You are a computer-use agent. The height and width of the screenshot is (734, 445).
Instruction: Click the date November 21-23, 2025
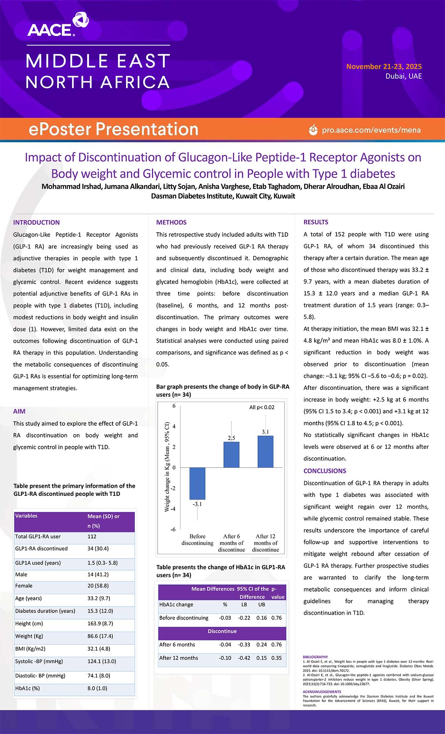pyautogui.click(x=384, y=66)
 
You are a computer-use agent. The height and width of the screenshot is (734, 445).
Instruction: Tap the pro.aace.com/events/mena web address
pyautogui.click(x=371, y=130)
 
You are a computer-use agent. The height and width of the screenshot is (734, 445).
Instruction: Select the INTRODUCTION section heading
pyautogui.click(x=36, y=222)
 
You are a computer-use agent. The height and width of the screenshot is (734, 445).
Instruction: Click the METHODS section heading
pyautogui.click(x=171, y=222)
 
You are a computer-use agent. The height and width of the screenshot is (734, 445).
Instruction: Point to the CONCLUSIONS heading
pyautogui.click(x=325, y=471)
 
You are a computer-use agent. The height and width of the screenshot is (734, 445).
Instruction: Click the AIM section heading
pyautogui.click(x=19, y=411)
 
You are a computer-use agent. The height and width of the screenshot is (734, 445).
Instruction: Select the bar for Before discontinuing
pyautogui.click(x=197, y=483)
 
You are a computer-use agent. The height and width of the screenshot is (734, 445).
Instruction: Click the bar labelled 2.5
pyautogui.click(x=232, y=455)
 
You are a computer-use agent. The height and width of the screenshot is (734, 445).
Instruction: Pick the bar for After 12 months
pyautogui.click(x=265, y=451)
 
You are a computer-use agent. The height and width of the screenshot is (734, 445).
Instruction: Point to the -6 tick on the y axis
pyautogui.click(x=173, y=529)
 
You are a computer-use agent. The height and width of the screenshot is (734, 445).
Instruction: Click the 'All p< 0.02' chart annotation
pyautogui.click(x=262, y=407)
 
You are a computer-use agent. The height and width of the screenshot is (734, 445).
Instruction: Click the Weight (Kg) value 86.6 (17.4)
pyautogui.click(x=100, y=636)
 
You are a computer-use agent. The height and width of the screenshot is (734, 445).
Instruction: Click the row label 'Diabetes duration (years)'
pyautogui.click(x=45, y=611)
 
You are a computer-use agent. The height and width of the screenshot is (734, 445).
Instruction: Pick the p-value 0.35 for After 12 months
pyautogui.click(x=276, y=658)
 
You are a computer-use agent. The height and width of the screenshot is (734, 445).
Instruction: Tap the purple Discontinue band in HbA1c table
pyautogui.click(x=222, y=631)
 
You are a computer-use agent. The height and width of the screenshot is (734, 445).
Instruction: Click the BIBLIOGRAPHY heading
pyautogui.click(x=315, y=657)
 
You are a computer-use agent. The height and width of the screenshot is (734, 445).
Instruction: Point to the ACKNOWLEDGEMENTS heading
pyautogui.click(x=322, y=692)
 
